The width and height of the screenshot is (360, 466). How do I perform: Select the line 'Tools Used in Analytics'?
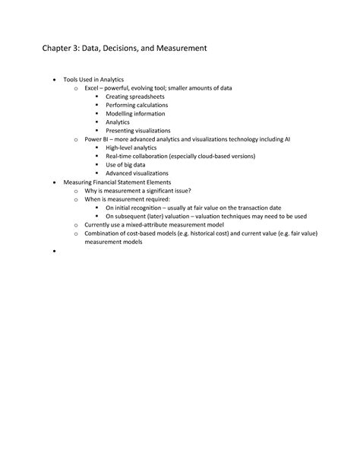tap(93, 79)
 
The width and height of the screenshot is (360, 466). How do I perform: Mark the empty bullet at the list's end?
tap(55, 251)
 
